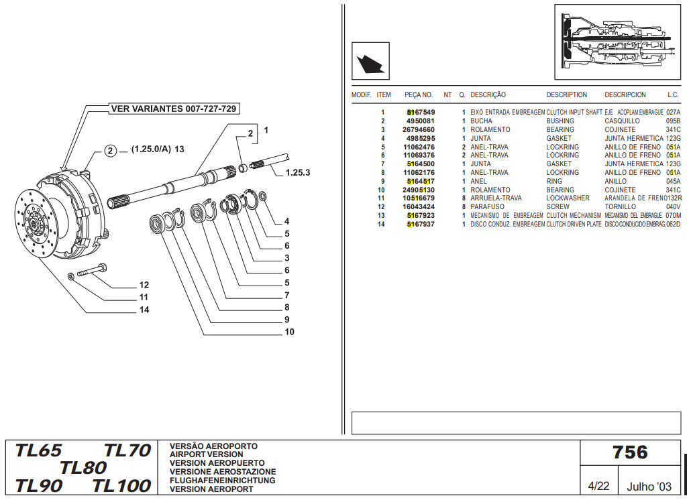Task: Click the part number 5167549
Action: pos(421,113)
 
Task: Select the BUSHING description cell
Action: pos(560,121)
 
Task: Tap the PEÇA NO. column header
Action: pos(419,95)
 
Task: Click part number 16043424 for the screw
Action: pos(419,207)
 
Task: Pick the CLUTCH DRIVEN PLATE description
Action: pos(574,225)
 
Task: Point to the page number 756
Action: pos(630,452)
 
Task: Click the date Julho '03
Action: pos(649,486)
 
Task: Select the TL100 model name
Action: pos(121,485)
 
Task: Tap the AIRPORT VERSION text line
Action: pos(207,454)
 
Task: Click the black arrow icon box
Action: pos(370,61)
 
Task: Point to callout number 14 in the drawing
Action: pos(144,310)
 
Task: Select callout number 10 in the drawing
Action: pos(289,332)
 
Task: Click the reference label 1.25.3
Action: pos(297,172)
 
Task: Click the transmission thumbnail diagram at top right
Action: pos(617,42)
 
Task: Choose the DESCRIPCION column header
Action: pos(625,95)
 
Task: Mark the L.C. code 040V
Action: pos(673,207)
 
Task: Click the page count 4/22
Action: pos(598,486)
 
